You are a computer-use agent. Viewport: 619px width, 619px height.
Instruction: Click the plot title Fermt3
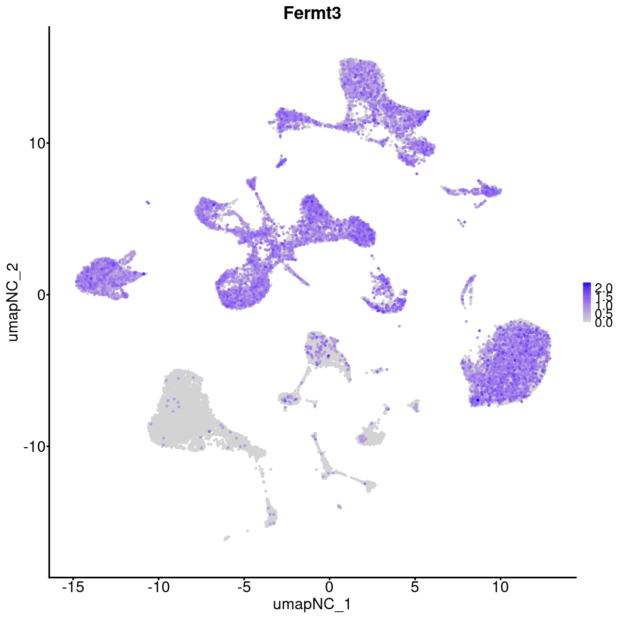pyautogui.click(x=312, y=13)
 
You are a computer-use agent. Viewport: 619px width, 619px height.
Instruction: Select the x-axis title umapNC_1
pyautogui.click(x=312, y=604)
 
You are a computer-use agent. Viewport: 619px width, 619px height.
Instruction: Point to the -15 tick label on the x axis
pyautogui.click(x=73, y=587)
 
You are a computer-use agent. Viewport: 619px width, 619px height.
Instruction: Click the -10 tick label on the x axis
pyautogui.click(x=158, y=587)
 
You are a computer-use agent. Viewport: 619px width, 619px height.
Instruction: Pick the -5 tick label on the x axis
pyautogui.click(x=243, y=587)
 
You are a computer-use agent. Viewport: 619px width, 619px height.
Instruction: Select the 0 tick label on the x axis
pyautogui.click(x=329, y=587)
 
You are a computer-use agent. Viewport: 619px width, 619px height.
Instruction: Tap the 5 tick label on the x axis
pyautogui.click(x=414, y=587)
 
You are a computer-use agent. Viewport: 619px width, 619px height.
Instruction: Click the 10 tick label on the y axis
pyautogui.click(x=36, y=143)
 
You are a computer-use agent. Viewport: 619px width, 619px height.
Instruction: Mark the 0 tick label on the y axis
pyautogui.click(x=40, y=295)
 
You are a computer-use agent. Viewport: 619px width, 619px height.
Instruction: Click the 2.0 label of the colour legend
pyautogui.click(x=603, y=287)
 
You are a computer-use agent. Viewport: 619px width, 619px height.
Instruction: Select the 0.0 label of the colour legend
pyautogui.click(x=603, y=323)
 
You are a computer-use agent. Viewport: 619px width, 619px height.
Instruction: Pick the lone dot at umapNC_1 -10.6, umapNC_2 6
pyautogui.click(x=148, y=202)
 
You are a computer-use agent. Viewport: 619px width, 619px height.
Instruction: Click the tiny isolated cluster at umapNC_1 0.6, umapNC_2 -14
pyautogui.click(x=339, y=507)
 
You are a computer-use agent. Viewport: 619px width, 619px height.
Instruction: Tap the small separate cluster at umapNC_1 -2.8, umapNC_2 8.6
pyautogui.click(x=281, y=164)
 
